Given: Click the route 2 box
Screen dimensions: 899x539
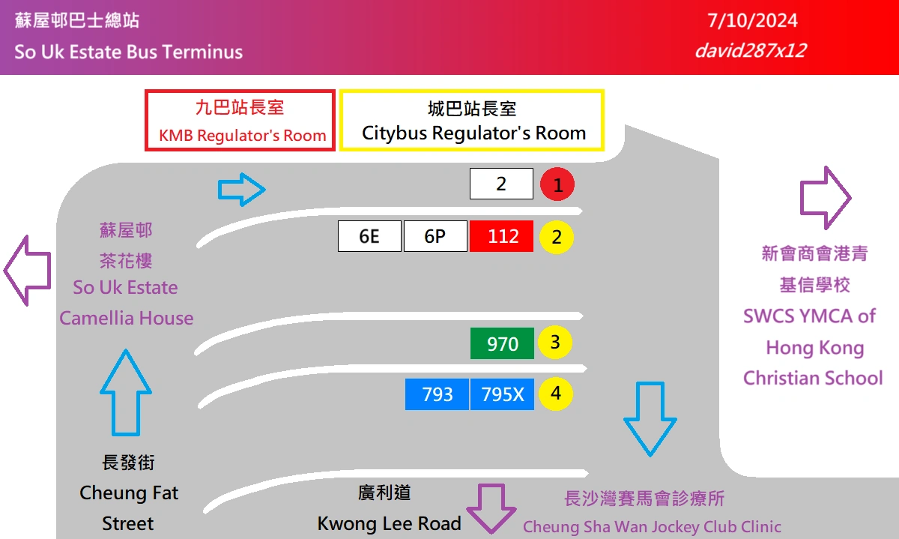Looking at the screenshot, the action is tap(501, 184).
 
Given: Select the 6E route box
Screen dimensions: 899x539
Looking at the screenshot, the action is tap(369, 236).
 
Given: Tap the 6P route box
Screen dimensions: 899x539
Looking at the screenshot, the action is tap(435, 236).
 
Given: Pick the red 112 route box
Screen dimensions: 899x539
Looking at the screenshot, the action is tap(502, 236).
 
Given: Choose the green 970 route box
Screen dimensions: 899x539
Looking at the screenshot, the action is tap(502, 343).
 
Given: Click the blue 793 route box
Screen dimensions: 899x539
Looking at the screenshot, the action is tap(437, 394).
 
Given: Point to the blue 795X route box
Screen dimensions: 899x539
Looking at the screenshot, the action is tap(503, 394).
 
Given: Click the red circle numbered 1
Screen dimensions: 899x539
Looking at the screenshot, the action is tap(557, 184).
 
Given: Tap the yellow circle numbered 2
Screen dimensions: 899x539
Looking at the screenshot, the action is tap(557, 237).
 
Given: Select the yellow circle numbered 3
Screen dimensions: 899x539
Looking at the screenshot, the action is tap(555, 343).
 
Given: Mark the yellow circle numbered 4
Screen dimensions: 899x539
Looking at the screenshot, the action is tap(555, 394).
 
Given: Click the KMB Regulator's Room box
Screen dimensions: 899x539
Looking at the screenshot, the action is tap(240, 121).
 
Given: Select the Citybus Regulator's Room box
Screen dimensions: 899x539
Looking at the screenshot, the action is tap(472, 121).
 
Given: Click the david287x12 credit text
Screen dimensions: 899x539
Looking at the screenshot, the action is tap(749, 50).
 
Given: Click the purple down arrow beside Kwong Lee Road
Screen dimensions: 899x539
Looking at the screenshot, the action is tap(492, 507).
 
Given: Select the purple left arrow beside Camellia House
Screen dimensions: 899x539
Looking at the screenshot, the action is tap(27, 270).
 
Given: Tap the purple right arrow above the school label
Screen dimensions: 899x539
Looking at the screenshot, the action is tap(826, 198).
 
